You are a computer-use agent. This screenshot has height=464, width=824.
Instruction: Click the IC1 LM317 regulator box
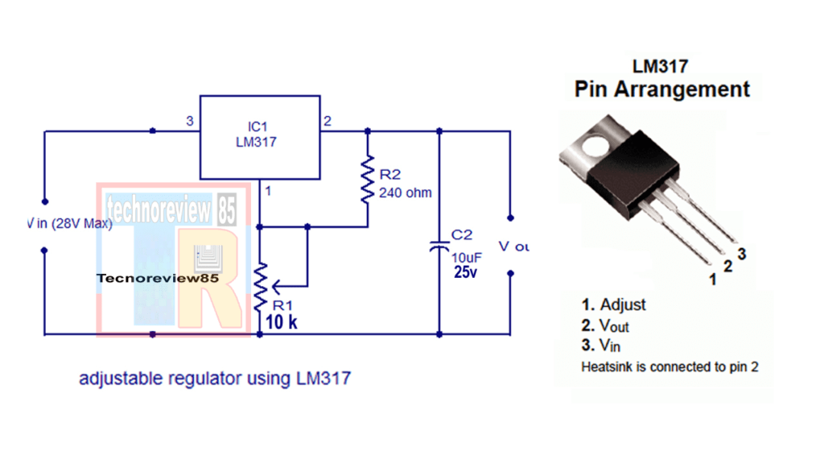click(260, 137)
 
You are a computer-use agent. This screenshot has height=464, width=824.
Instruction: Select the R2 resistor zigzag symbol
click(367, 181)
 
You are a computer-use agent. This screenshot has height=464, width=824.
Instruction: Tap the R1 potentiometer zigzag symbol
click(260, 286)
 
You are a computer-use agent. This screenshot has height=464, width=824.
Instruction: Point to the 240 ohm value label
click(405, 193)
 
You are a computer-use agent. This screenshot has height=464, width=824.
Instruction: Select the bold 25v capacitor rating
click(466, 272)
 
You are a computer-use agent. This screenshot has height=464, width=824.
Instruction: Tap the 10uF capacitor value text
click(466, 256)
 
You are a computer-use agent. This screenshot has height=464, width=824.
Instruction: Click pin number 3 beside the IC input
click(190, 122)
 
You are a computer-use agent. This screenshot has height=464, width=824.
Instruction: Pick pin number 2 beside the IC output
click(328, 122)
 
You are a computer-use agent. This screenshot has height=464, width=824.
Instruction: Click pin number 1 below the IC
click(268, 191)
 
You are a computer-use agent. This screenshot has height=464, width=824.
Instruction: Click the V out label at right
click(513, 246)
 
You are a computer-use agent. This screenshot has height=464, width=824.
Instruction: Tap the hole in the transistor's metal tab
click(598, 146)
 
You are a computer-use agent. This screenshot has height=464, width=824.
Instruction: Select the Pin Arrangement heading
click(661, 89)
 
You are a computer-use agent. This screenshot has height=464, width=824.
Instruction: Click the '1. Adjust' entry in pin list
click(613, 304)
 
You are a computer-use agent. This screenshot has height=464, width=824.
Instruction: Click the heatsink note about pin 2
click(669, 367)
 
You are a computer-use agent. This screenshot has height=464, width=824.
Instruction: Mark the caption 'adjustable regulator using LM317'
click(214, 378)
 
